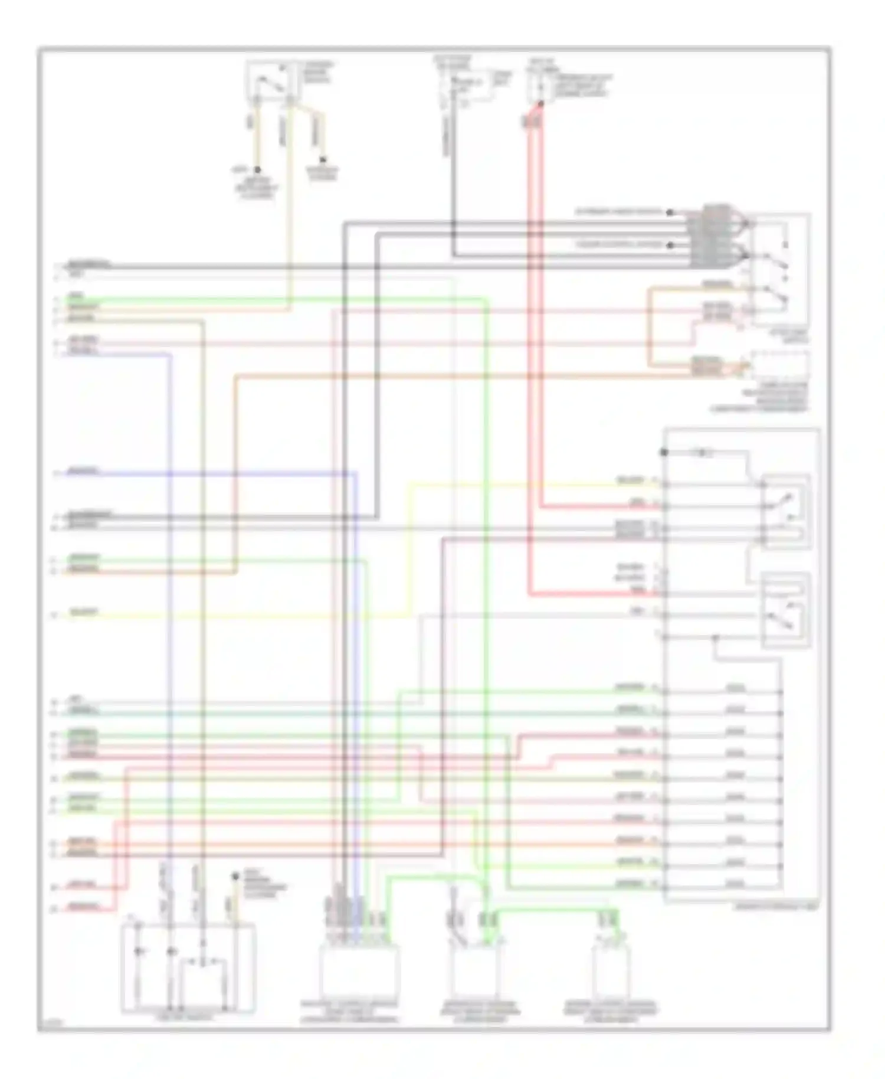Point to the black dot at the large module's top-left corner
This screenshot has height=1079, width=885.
coord(664,453)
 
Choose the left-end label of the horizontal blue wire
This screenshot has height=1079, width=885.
coord(83,472)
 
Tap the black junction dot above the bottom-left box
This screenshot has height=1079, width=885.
coord(235,876)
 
